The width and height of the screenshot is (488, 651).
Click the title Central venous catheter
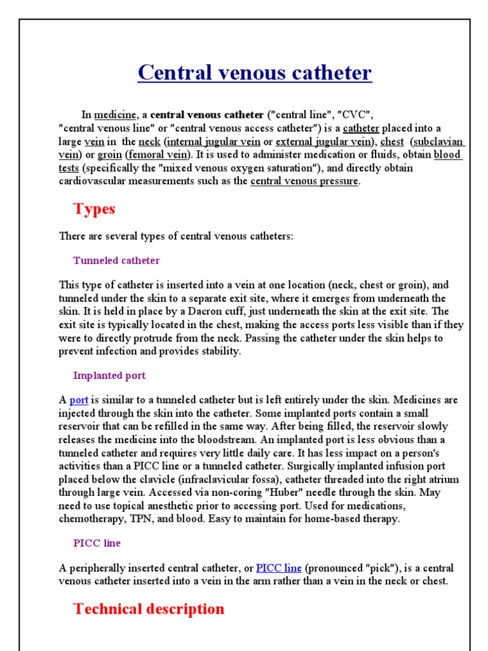(255, 73)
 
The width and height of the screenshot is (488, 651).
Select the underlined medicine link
(115, 115)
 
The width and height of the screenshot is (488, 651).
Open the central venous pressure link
(304, 181)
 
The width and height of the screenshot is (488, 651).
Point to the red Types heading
(94, 209)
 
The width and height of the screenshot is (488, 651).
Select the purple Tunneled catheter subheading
(116, 261)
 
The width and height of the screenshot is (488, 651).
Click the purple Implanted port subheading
(109, 376)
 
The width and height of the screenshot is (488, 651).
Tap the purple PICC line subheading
(97, 544)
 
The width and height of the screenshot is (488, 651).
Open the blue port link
(79, 400)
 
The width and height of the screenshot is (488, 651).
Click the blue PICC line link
(278, 568)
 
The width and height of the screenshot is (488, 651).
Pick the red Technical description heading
(149, 609)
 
